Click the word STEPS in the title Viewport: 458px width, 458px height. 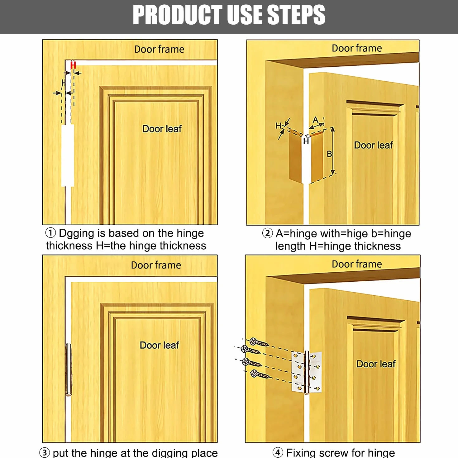pos(296,15)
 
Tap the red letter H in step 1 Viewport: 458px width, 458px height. pos(73,65)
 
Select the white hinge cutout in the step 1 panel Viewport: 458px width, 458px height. pos(68,155)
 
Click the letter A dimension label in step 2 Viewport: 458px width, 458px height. pos(315,120)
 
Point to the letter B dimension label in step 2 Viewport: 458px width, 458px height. pos(329,154)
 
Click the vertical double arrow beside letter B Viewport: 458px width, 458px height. pos(333,150)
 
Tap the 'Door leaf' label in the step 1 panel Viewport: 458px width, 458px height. pos(162,129)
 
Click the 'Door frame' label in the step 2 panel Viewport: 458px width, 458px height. pos(357,48)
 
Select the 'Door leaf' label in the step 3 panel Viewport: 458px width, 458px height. pos(159,345)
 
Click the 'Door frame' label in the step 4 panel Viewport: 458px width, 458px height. pos(357,264)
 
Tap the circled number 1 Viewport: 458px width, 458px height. pos(50,233)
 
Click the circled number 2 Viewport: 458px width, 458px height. pos(267,233)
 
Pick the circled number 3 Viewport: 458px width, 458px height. pos(45,452)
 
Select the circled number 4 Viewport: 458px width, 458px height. pos(278,452)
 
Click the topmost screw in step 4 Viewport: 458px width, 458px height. pos(259,342)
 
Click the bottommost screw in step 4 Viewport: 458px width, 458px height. pos(260,374)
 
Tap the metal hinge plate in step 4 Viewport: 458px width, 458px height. pos(307,372)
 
